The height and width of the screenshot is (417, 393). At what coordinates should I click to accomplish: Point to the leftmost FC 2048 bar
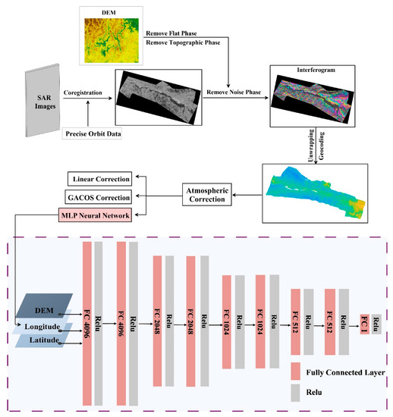tap(157, 321)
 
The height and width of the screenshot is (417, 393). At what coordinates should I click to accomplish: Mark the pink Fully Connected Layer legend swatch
tap(296, 372)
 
